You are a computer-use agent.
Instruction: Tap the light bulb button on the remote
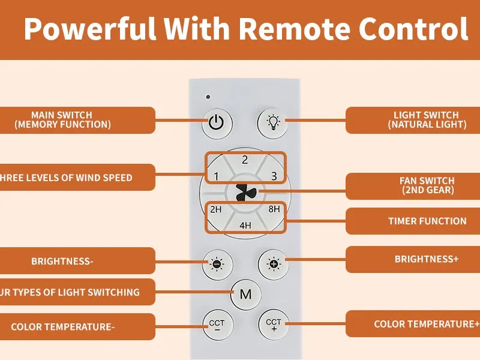pos(274,122)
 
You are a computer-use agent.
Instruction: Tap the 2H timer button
pos(216,209)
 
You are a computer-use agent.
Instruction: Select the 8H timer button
pos(274,209)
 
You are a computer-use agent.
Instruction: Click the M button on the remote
pos(245,294)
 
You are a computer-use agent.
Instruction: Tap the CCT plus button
pos(274,325)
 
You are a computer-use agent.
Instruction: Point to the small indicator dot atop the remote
pos(208,97)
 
